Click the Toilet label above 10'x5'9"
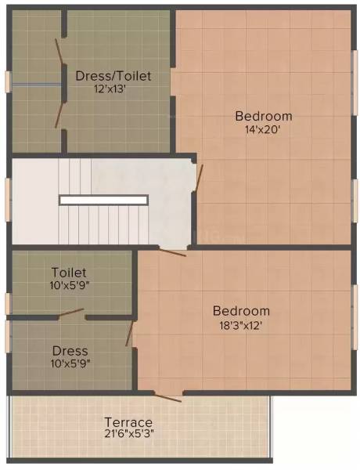[x=69, y=273]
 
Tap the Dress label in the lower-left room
[x=70, y=351]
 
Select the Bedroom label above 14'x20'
[x=264, y=117]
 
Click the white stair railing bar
[x=103, y=200]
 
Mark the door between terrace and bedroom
[x=167, y=396]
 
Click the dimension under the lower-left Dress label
[x=70, y=364]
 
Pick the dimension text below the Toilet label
[x=69, y=286]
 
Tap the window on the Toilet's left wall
[x=8, y=303]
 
